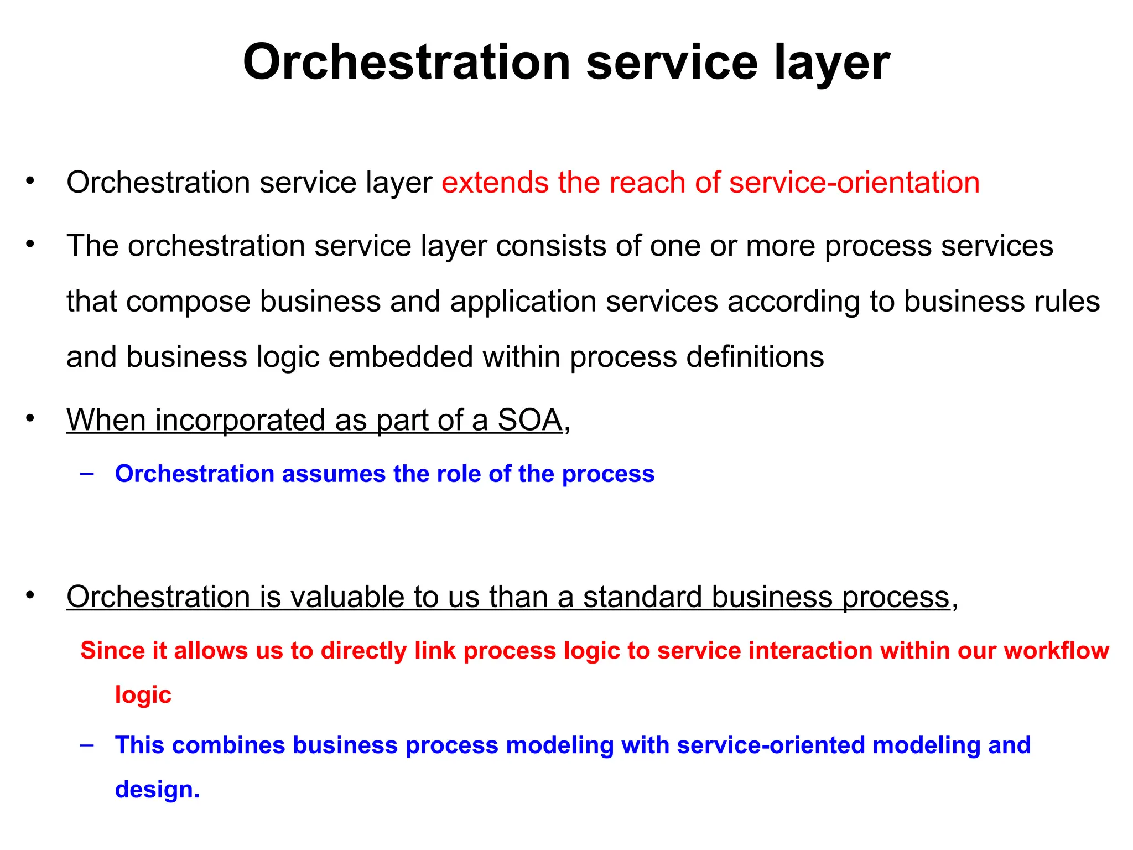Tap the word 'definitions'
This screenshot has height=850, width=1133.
click(x=755, y=357)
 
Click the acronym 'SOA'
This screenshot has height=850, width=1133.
click(x=529, y=420)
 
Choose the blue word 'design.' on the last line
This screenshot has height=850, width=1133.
click(x=157, y=790)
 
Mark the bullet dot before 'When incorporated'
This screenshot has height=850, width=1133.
click(x=30, y=418)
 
